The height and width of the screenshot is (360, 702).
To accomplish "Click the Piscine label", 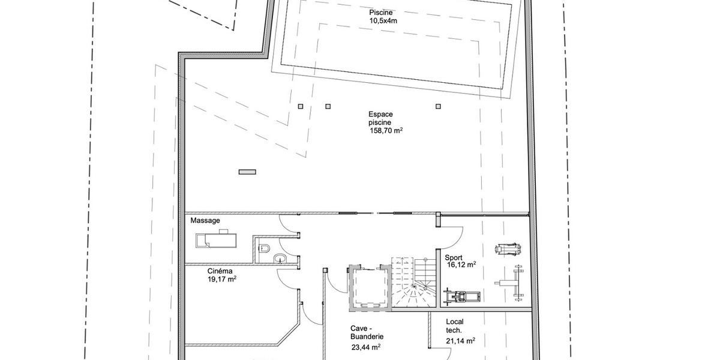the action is click(381, 13).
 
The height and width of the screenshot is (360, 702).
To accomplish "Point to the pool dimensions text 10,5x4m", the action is click(383, 20).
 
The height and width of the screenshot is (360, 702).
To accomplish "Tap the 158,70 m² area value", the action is click(385, 130).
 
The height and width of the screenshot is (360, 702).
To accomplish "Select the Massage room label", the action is click(205, 220).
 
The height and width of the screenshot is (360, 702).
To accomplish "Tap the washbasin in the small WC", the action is click(280, 258).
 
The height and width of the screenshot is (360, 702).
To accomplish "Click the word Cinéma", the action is click(220, 271).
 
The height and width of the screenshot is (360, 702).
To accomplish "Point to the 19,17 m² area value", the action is click(222, 279).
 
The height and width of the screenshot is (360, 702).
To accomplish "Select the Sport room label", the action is click(454, 257).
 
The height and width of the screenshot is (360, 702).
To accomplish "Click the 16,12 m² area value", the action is click(461, 265).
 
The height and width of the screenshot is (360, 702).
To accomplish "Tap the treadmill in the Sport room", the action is click(461, 296).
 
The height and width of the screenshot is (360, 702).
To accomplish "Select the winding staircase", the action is click(414, 283).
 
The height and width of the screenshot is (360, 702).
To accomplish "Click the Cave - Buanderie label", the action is click(367, 332).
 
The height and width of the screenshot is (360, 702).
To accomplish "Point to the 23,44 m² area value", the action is click(367, 347).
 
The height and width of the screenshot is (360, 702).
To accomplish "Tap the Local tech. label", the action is click(455, 326).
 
